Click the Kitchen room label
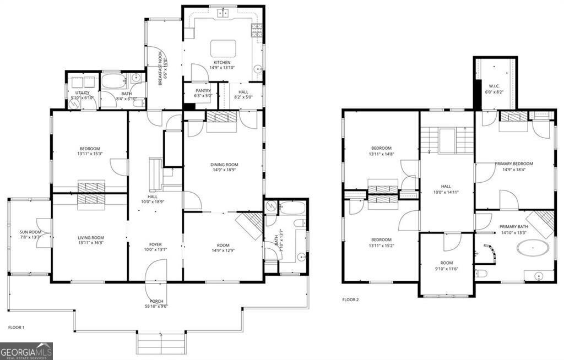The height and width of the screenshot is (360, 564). [222, 63]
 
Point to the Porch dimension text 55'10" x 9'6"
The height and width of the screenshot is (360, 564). [156, 306]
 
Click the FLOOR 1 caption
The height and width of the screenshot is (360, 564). [16, 328]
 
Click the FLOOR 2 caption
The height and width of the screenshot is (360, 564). [350, 300]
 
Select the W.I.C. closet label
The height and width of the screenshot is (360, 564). [493, 86]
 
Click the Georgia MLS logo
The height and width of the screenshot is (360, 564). [26, 351]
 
